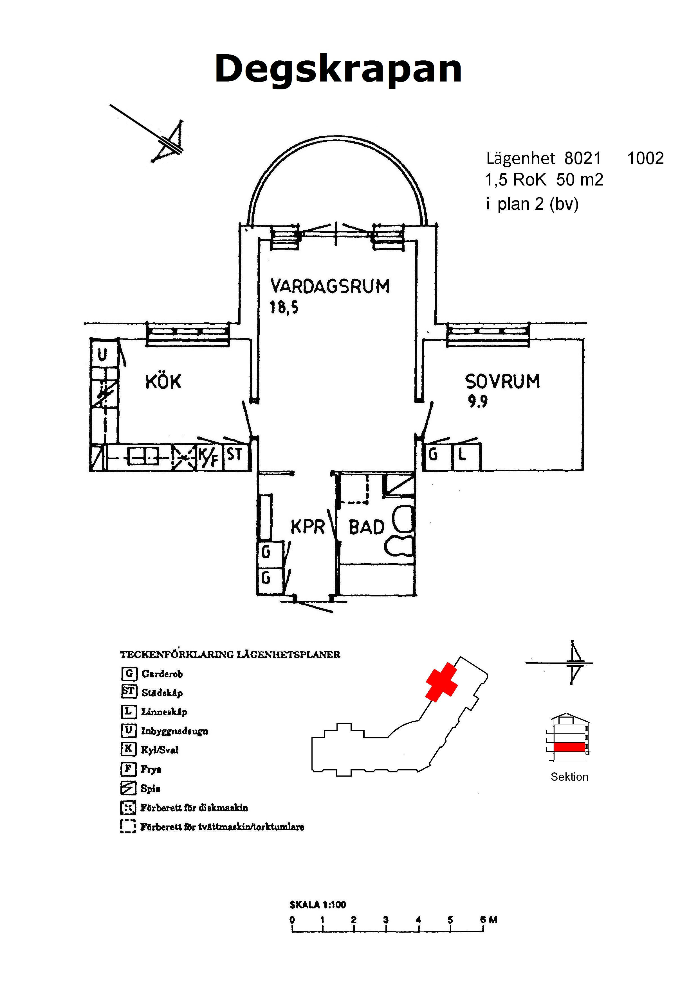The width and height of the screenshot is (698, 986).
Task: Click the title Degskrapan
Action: tap(338, 70)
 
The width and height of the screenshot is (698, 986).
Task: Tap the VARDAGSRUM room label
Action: tap(330, 286)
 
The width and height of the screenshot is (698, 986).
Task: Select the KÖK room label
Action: tap(163, 382)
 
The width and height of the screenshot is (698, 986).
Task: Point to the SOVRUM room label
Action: tap(502, 381)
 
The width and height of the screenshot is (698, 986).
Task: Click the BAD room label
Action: tap(366, 527)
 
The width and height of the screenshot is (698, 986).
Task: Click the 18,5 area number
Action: tap(284, 307)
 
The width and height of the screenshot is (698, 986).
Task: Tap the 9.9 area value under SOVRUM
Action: tap(477, 402)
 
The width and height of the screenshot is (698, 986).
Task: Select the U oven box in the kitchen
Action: tap(102, 355)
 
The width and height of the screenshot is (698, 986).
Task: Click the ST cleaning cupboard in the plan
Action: tap(234, 454)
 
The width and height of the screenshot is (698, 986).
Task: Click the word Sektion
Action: tap(569, 777)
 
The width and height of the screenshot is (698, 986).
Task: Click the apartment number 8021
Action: tap(582, 159)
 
